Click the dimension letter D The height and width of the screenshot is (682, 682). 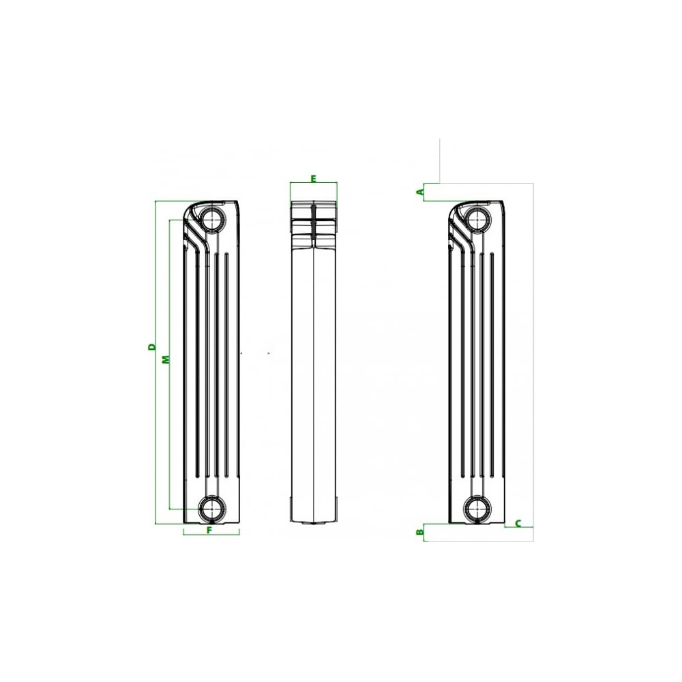pos(151,346)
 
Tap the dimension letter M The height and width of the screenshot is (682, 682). pos(166,359)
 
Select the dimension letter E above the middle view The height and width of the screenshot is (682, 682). pos(313,178)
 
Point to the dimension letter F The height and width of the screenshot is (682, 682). pos(209,530)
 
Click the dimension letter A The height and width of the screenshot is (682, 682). pos(420,192)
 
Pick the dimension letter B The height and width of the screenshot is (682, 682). pos(420,532)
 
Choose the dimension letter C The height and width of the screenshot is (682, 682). pos(518,523)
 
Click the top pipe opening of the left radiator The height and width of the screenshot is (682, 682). pos(212,218)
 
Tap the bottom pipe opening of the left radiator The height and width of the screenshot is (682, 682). pos(212,508)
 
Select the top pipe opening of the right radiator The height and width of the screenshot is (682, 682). pos(477,218)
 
